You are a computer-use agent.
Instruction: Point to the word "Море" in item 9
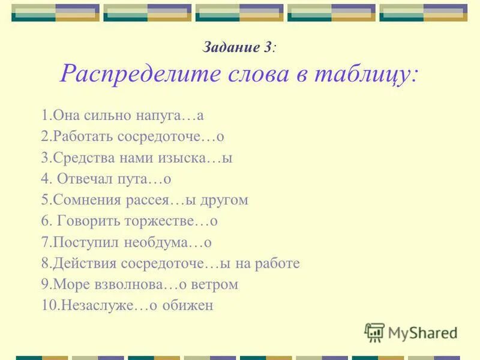pos(68,284)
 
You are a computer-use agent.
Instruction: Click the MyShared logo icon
pos(375,332)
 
